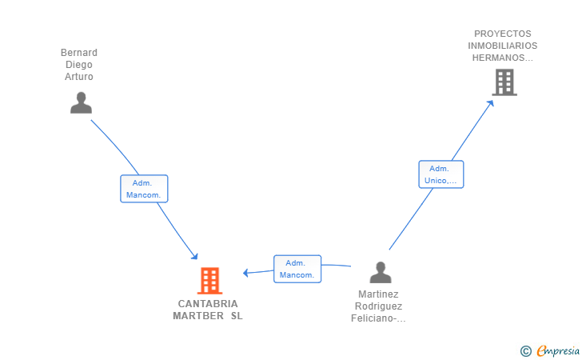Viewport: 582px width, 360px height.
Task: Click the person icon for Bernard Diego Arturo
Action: [x=81, y=102]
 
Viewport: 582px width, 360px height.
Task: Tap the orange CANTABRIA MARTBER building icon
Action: [x=209, y=281]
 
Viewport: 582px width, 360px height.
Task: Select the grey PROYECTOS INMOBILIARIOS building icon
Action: [x=504, y=82]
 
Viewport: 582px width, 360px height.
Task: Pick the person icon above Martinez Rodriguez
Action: [x=381, y=272]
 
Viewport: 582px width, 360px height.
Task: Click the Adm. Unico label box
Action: [x=441, y=174]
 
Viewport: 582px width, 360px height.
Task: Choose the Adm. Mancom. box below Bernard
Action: [x=144, y=189]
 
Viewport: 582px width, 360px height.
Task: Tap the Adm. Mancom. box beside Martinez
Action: [x=297, y=269]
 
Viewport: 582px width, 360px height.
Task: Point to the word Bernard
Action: [x=79, y=52]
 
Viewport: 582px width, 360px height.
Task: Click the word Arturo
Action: [x=79, y=77]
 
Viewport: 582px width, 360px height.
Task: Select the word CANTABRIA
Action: [x=208, y=304]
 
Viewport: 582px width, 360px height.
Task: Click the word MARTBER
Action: [x=198, y=316]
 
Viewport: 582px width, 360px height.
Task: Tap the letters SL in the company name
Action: [x=237, y=316]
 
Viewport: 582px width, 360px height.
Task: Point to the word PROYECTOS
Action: [x=503, y=34]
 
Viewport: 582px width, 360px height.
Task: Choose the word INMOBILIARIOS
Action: [x=503, y=46]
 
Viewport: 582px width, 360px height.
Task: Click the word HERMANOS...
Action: [x=499, y=58]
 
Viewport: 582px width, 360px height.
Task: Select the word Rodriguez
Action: [x=379, y=306]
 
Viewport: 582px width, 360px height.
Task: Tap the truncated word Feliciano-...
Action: [x=374, y=318]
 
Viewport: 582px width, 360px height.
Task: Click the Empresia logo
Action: [x=550, y=350]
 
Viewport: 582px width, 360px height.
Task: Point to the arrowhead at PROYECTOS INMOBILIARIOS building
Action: [x=491, y=103]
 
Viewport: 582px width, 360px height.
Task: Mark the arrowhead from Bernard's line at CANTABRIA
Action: [x=194, y=256]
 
